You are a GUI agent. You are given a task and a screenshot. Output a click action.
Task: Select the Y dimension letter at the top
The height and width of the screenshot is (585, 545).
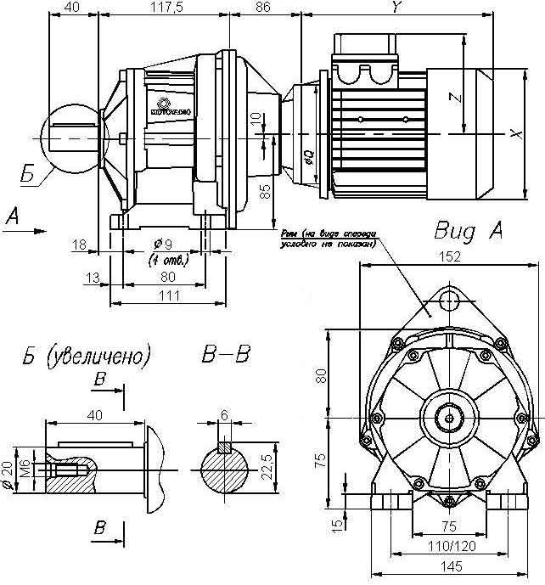coord(396,7)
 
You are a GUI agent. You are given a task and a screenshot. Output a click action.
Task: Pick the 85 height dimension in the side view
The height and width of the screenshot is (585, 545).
coord(265,191)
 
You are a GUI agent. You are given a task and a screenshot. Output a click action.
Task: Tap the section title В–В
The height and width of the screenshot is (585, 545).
coord(228,354)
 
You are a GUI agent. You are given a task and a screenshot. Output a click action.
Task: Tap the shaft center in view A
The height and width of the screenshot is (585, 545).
coord(445,418)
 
